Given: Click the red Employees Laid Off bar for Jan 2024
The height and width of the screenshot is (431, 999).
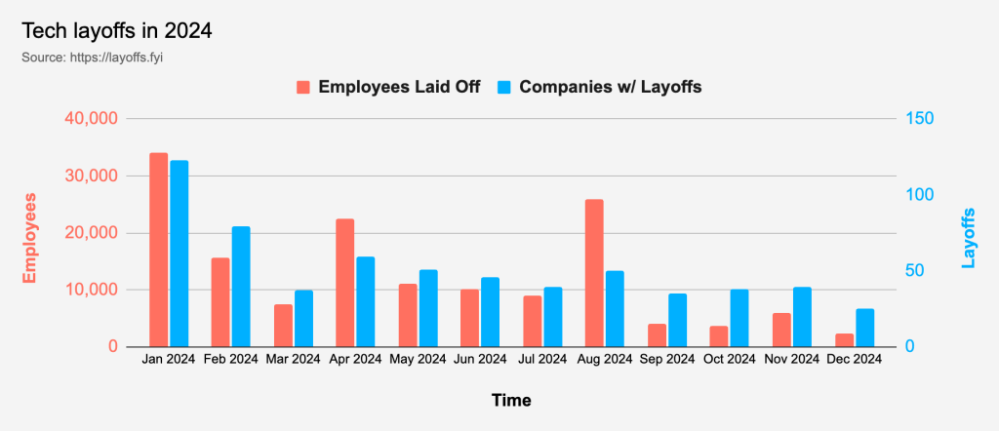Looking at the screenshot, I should [x=158, y=250].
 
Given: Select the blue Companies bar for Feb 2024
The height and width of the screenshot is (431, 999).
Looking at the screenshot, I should [x=241, y=287].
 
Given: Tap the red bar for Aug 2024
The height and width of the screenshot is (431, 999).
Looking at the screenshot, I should [x=594, y=273].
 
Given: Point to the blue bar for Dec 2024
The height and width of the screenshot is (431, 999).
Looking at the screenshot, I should [x=864, y=328].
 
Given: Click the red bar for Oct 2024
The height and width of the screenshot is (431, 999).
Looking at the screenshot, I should [x=719, y=336].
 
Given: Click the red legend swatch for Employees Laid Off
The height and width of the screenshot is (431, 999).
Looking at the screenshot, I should [x=303, y=87].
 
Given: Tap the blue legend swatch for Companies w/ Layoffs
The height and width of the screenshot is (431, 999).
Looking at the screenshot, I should [x=504, y=87].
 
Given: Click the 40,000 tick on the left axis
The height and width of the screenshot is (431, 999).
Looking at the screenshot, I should [x=90, y=119].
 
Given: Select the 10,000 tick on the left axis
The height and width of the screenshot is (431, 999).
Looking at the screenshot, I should [x=90, y=291].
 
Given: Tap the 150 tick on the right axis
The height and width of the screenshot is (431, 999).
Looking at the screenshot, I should [x=920, y=119].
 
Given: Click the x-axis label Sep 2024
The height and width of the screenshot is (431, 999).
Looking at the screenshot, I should [x=667, y=359].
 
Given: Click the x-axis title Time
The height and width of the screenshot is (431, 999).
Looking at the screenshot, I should [x=511, y=400].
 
